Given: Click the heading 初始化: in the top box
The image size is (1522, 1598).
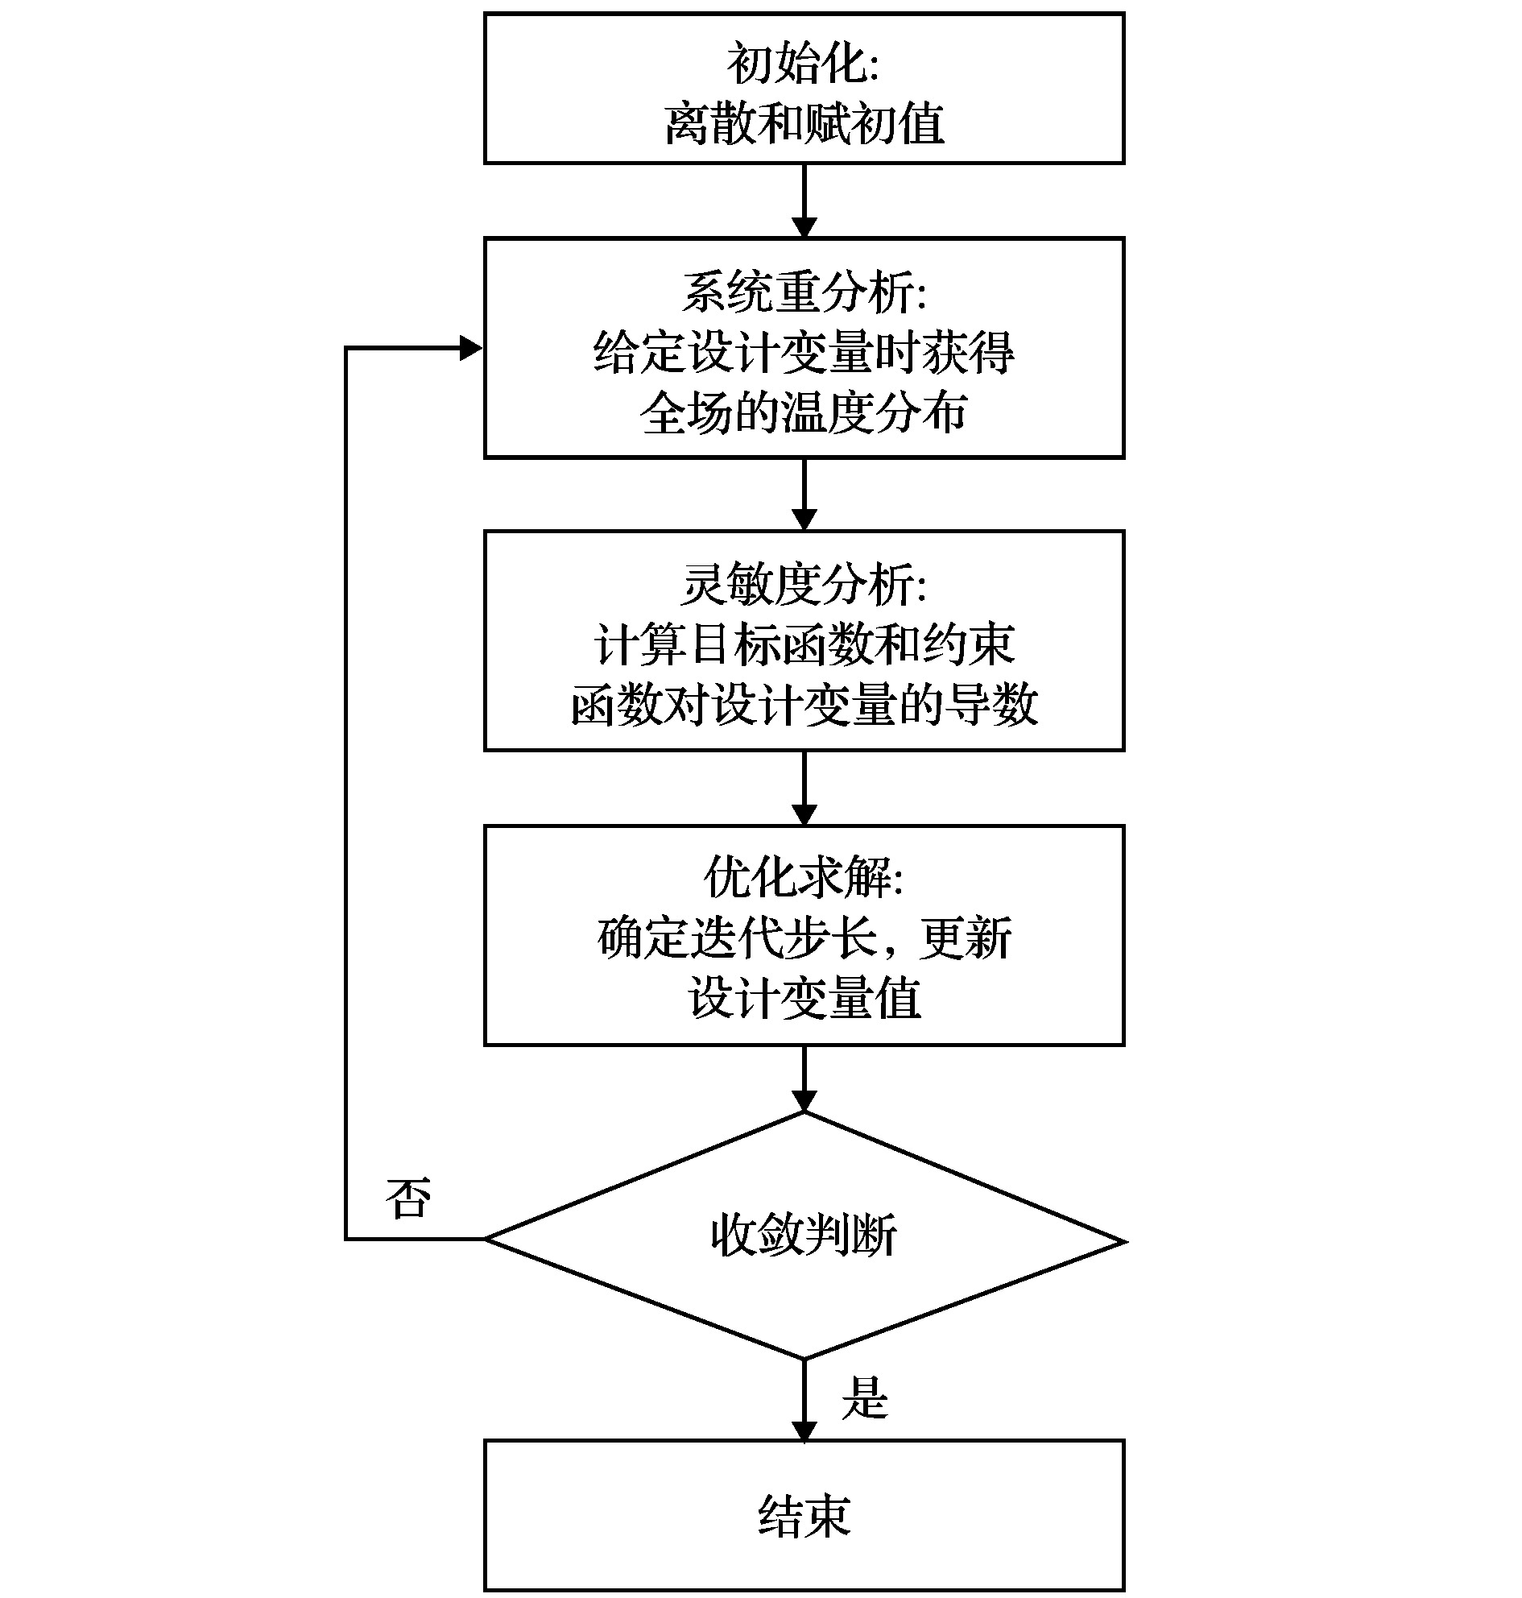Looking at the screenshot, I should click(x=802, y=64).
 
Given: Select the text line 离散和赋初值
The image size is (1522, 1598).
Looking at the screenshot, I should click(x=804, y=124).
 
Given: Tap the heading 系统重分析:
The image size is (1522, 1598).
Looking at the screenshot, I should click(x=804, y=292).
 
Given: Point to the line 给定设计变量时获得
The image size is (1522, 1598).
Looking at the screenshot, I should click(x=804, y=352).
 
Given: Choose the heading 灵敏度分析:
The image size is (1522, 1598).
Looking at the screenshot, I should click(x=804, y=584).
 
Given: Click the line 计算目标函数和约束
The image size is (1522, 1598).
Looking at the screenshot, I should click(x=804, y=644).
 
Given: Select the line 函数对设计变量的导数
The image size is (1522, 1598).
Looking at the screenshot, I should click(x=804, y=704).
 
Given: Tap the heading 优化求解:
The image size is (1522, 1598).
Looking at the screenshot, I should click(x=804, y=877).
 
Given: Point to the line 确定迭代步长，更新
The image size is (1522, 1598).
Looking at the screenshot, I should click(x=804, y=938).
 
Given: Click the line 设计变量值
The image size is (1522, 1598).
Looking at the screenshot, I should click(x=804, y=997).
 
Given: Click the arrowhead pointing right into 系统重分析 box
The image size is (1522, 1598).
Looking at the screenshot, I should click(x=470, y=348).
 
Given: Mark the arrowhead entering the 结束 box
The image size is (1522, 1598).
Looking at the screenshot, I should click(x=804, y=1430).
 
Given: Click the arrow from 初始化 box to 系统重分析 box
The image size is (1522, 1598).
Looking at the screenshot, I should click(x=804, y=200).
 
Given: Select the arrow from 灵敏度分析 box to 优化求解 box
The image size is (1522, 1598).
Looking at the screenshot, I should click(x=804, y=787).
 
